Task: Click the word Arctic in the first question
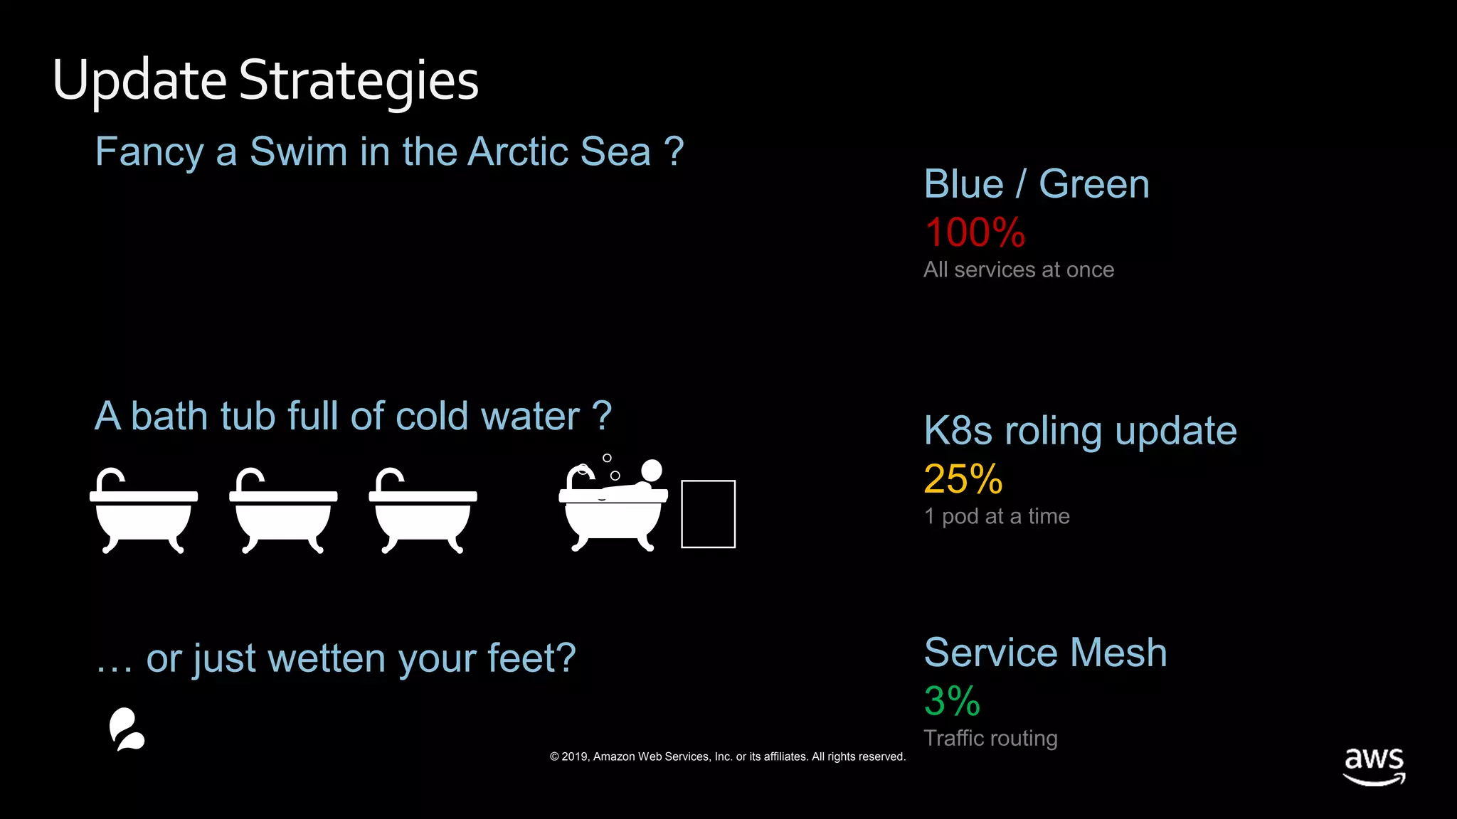pyautogui.click(x=518, y=151)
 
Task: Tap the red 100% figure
pyautogui.click(x=974, y=232)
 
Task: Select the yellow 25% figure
pyautogui.click(x=963, y=478)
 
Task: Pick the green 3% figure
pyautogui.click(x=951, y=701)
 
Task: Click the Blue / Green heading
pyautogui.click(x=1036, y=184)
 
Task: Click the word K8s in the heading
pyautogui.click(x=958, y=431)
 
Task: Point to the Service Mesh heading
pyautogui.click(x=1045, y=653)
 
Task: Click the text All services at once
pyautogui.click(x=1018, y=270)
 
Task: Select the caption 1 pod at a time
pyautogui.click(x=996, y=516)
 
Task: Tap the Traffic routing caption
pyautogui.click(x=990, y=738)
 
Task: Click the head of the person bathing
pyautogui.click(x=651, y=470)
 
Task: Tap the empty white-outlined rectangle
pyautogui.click(x=708, y=514)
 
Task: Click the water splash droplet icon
pyautogui.click(x=127, y=729)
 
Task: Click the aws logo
pyautogui.click(x=1374, y=765)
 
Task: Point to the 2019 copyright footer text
pyautogui.click(x=727, y=756)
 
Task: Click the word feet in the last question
pyautogui.click(x=523, y=658)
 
